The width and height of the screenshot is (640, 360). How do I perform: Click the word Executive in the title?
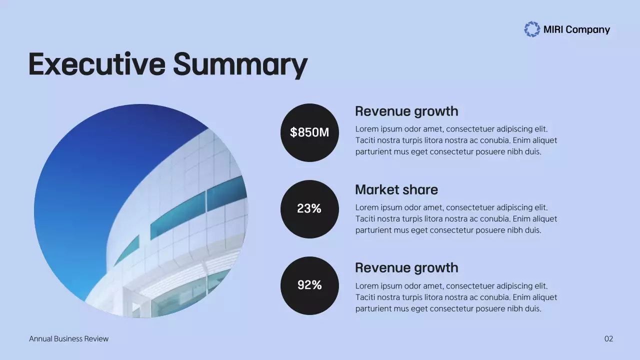tap(96, 64)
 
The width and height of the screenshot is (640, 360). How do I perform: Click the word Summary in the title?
tap(240, 65)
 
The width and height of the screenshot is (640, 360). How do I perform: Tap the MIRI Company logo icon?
tap(532, 29)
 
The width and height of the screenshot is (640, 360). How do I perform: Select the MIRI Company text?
tap(576, 30)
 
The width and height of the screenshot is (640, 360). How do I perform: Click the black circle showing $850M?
tap(309, 132)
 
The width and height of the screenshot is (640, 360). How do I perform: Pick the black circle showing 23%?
tap(309, 209)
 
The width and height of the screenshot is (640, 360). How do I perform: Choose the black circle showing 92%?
tap(309, 285)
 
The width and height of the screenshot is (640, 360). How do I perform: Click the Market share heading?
tap(396, 190)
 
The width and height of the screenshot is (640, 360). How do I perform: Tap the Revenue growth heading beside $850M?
tap(406, 111)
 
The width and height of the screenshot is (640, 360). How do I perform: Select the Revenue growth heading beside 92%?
tap(406, 268)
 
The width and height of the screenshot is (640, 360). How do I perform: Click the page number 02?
tap(608, 339)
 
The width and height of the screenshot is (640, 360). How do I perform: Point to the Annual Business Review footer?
tap(68, 339)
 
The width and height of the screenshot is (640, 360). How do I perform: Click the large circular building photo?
tap(140, 210)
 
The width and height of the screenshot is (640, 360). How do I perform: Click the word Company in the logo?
tap(587, 30)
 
